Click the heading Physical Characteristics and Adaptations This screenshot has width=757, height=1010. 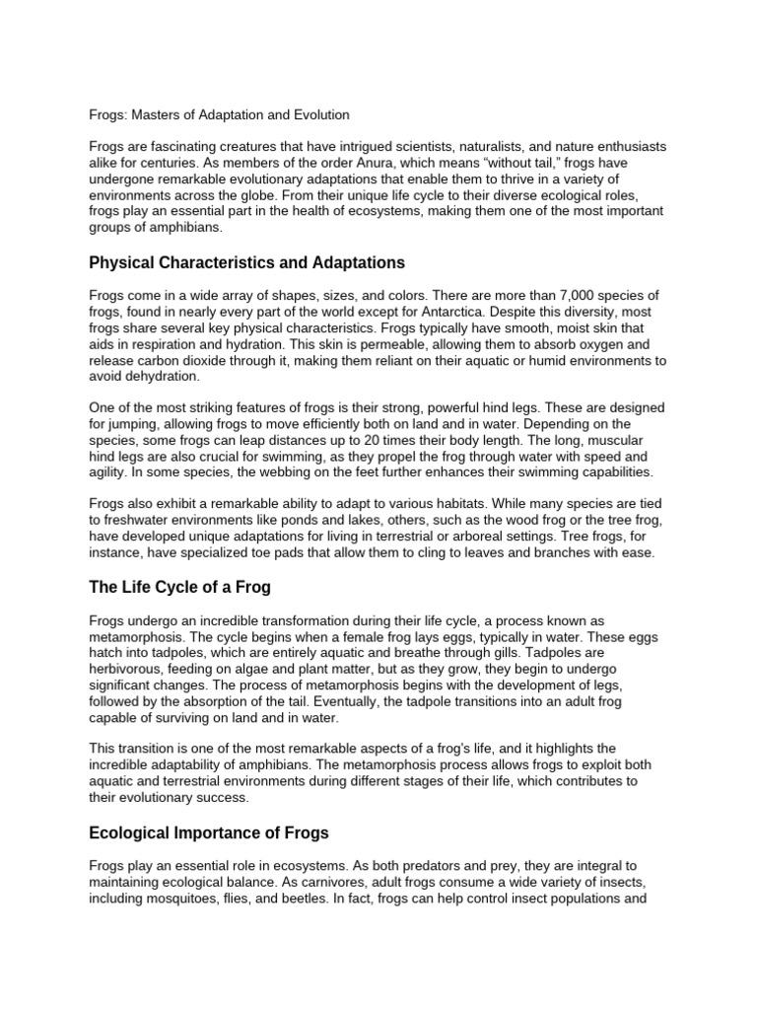[x=246, y=263]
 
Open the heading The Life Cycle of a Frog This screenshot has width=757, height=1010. [x=179, y=587]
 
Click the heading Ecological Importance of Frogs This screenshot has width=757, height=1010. [x=209, y=831]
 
